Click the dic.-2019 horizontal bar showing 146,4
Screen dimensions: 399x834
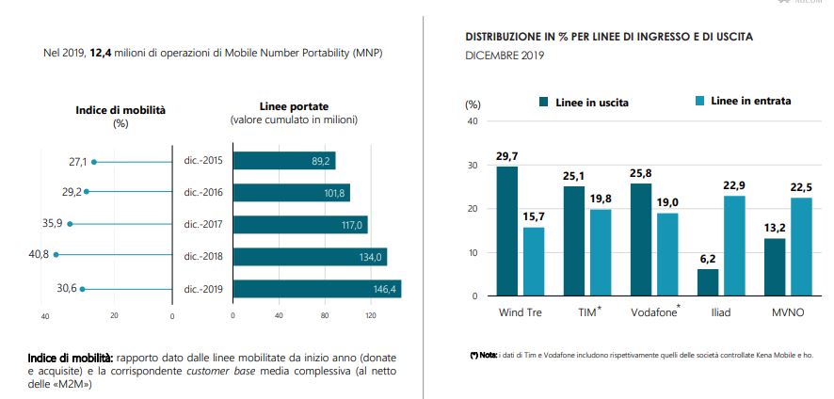[316, 289]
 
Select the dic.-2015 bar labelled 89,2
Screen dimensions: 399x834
[283, 161]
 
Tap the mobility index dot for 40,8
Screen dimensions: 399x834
[56, 254]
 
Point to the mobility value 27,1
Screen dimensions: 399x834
[77, 162]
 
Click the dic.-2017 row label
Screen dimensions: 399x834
[203, 225]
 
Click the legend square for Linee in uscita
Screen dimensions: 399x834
[543, 102]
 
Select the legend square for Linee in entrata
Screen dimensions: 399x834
[698, 102]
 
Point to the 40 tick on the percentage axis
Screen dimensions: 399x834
[473, 120]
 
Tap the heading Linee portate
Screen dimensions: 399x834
[293, 106]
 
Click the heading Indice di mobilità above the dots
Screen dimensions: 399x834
[120, 110]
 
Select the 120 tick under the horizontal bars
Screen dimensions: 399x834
[370, 315]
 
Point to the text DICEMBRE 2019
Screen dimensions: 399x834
[505, 55]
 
